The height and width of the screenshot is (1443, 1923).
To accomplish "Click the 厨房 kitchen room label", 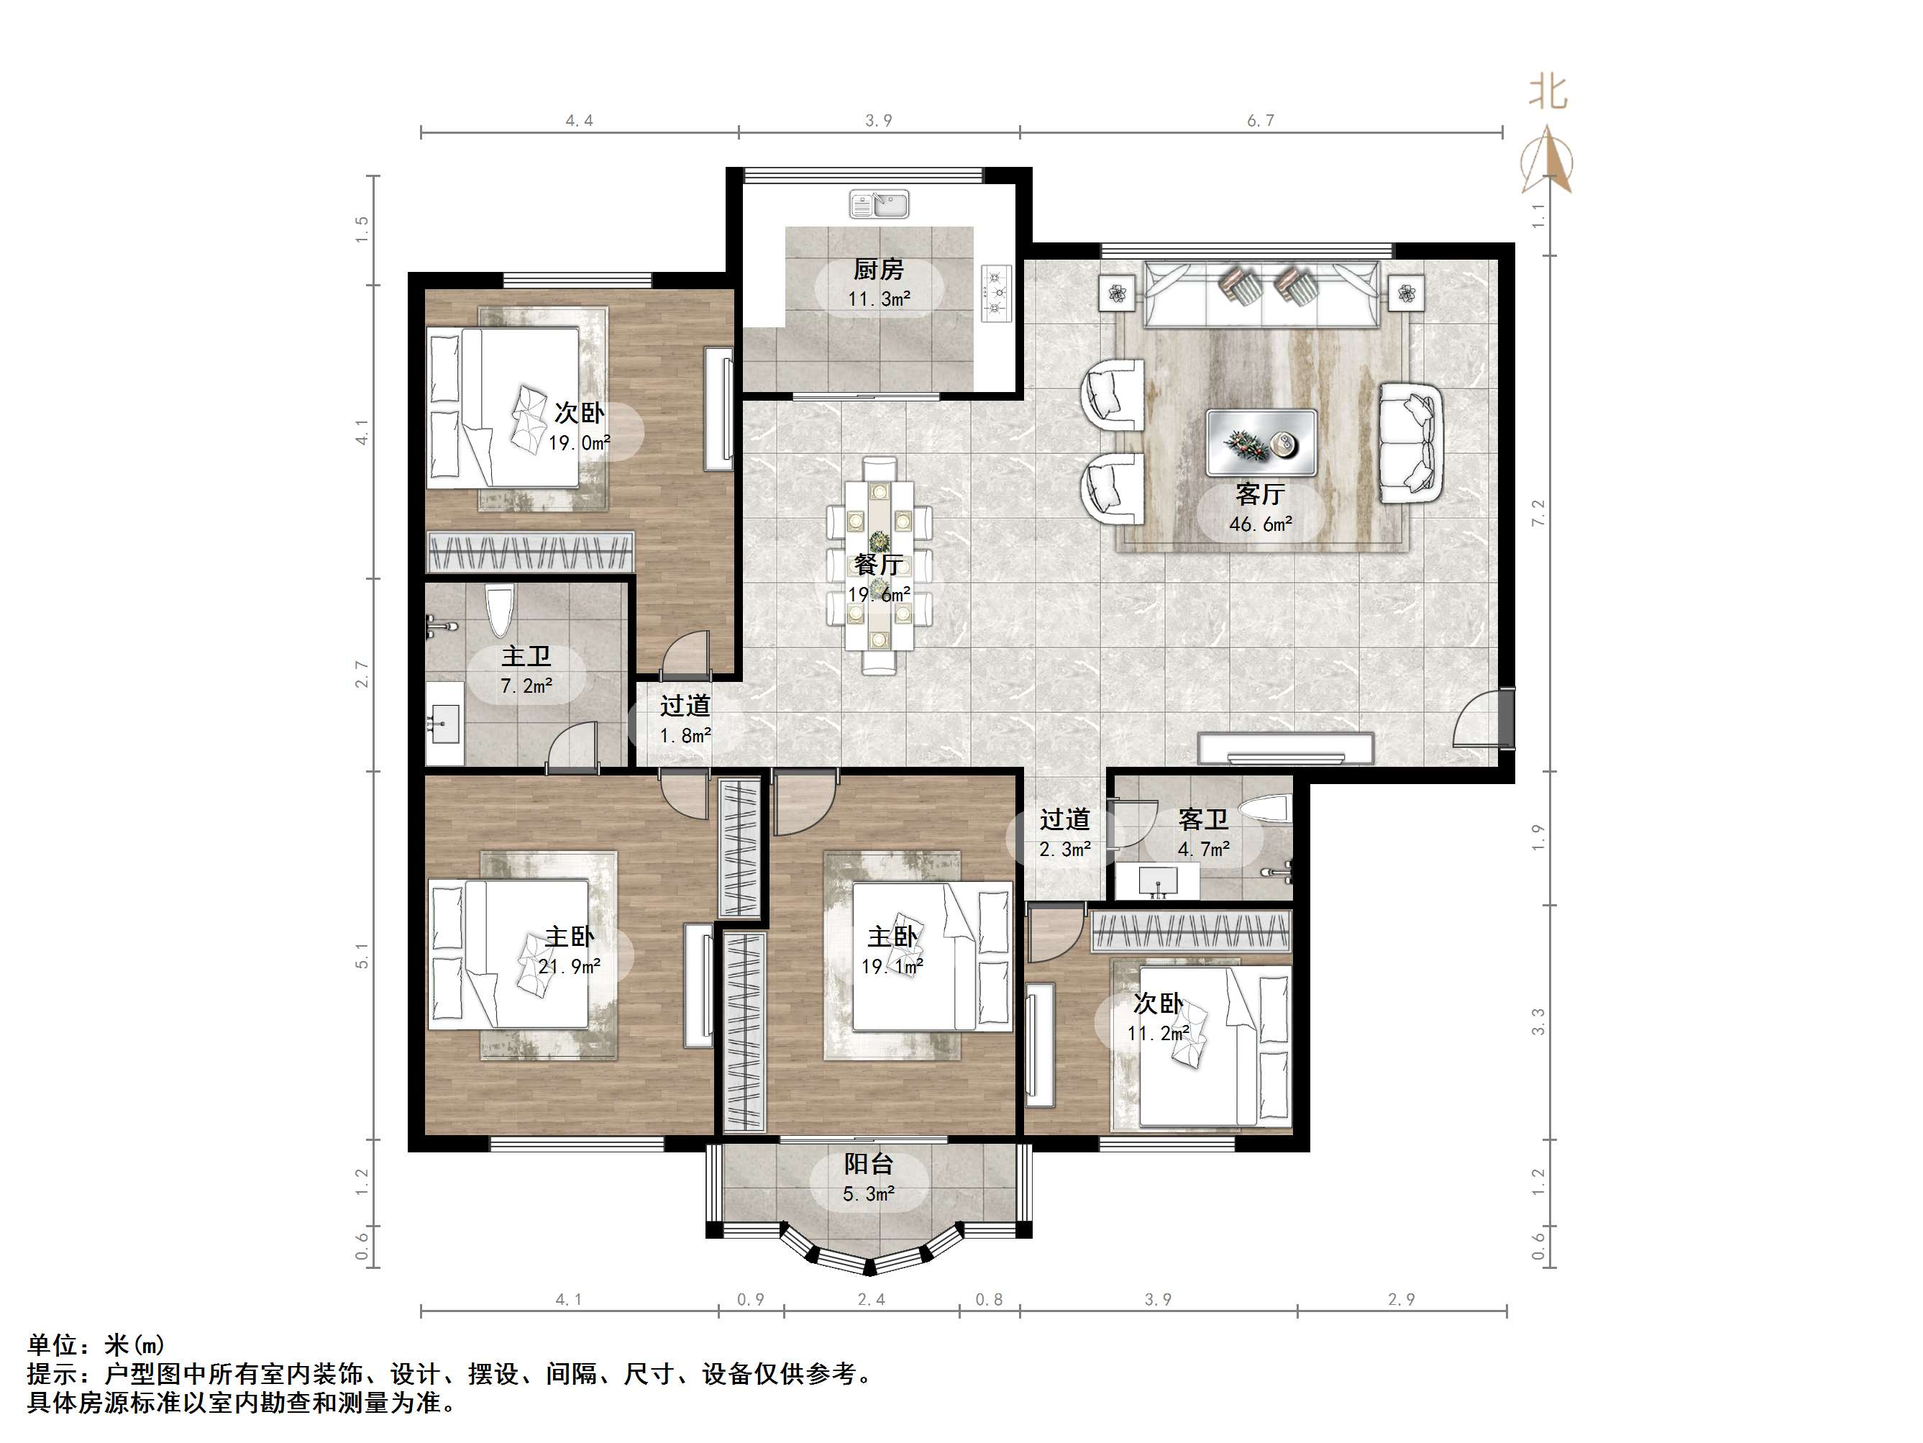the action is [878, 270].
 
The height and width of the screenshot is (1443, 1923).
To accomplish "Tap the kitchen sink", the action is [879, 204].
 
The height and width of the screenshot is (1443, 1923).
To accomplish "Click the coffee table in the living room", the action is [1261, 442].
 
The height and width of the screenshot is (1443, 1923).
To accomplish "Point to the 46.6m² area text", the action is [1261, 524].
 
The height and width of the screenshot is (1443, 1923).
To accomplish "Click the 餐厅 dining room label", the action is [878, 565].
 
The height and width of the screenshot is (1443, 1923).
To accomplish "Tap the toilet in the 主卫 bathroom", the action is [498, 611].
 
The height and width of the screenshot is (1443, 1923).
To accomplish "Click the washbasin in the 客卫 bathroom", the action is [1157, 881].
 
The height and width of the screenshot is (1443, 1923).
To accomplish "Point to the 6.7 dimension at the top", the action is [1261, 121].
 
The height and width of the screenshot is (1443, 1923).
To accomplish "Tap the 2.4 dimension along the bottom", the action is [871, 1299].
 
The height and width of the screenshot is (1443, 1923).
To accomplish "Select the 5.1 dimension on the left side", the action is [362, 955].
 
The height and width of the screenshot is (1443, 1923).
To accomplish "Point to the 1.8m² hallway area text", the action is [685, 736].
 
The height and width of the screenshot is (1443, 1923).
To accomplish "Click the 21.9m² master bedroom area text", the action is [569, 966].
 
